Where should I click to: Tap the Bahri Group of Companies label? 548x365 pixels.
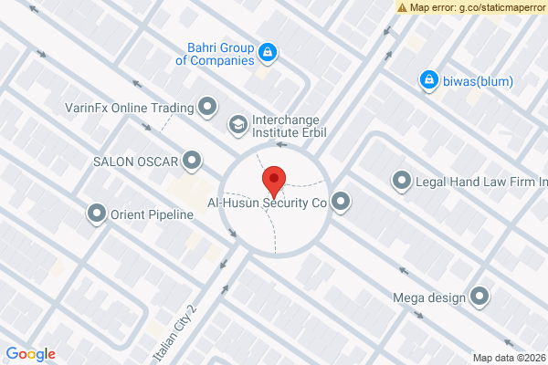tap(214, 54)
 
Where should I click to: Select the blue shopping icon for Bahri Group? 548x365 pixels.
tap(268, 53)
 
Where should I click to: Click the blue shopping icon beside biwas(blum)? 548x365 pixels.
tap(427, 81)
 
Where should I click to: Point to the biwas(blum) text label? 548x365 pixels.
tap(478, 81)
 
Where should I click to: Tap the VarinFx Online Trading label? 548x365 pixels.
tap(130, 108)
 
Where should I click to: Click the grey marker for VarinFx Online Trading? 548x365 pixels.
tap(208, 108)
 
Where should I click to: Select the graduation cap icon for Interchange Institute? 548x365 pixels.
tap(237, 123)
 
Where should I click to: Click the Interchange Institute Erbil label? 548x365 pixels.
tap(289, 126)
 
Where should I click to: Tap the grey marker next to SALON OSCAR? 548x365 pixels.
tap(192, 162)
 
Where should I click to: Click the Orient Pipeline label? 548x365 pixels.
tap(153, 215)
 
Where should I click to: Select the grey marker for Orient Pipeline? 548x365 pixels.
tap(97, 215)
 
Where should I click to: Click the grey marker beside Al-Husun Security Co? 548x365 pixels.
tap(342, 202)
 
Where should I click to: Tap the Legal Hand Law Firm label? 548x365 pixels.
tap(481, 182)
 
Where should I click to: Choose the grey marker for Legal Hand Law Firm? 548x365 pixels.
tap(402, 182)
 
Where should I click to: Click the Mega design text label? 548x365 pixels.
tap(428, 297)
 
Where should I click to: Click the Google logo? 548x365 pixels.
tap(30, 354)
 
